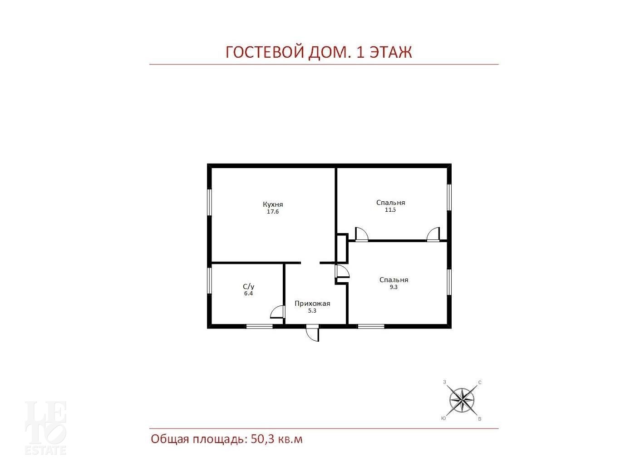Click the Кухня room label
point(273,204)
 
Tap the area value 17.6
point(273,212)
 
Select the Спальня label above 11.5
point(390,203)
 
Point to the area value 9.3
point(394,287)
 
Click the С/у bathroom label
point(249,287)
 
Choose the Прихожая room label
point(312,304)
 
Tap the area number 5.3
point(312,311)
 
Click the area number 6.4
point(249,294)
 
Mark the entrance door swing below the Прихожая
point(313,334)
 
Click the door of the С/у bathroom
point(277,312)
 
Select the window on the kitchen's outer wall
point(209,202)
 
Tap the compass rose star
point(462,399)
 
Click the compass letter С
point(480,383)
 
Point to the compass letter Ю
point(443,418)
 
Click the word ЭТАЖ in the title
point(391,52)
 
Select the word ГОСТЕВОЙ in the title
point(265,52)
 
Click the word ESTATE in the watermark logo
point(45,450)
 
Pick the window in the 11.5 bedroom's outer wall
point(449,197)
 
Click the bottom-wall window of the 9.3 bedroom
point(371,326)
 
